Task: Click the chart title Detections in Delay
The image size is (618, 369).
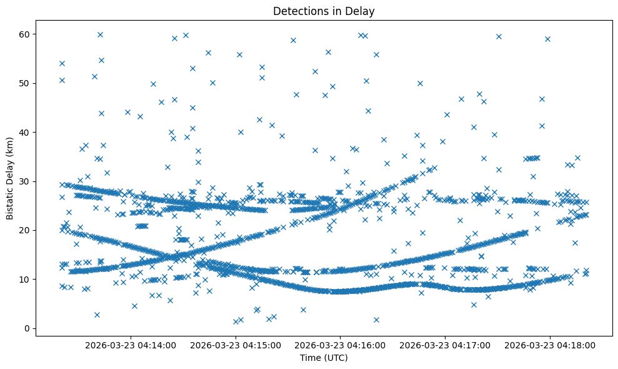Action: pyautogui.click(x=324, y=11)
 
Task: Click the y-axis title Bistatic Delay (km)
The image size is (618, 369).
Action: pyautogui.click(x=11, y=179)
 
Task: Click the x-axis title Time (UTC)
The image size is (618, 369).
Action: pyautogui.click(x=324, y=358)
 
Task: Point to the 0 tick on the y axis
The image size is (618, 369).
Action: pyautogui.click(x=26, y=328)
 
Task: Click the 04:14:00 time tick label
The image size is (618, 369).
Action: pyautogui.click(x=131, y=344)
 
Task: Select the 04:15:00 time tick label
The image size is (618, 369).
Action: pyautogui.click(x=236, y=344)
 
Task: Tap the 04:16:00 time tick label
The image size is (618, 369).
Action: pyautogui.click(x=341, y=344)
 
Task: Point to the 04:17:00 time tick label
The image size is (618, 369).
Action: pyautogui.click(x=446, y=344)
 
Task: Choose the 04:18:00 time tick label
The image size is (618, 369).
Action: pyautogui.click(x=551, y=344)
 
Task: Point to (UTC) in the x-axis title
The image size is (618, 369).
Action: pyautogui.click(x=335, y=358)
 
